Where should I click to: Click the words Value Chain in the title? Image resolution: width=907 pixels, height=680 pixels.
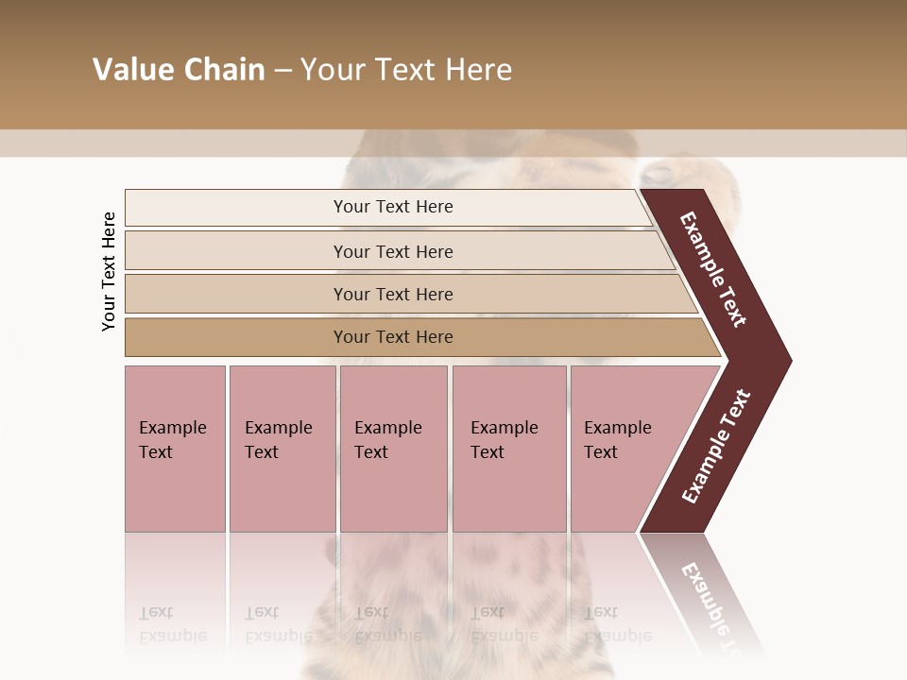point(179,70)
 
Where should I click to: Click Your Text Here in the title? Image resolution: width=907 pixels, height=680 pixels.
point(406,70)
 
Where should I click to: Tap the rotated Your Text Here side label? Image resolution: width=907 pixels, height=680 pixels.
point(109,272)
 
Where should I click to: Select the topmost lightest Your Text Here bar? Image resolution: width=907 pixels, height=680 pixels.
point(393,207)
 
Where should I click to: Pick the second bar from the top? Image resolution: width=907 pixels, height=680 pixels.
point(393,251)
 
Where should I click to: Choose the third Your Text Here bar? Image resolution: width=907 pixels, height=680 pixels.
point(393,294)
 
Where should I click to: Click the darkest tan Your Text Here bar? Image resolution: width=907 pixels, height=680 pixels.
point(393,337)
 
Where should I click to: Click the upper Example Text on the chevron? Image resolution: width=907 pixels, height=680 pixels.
point(714,270)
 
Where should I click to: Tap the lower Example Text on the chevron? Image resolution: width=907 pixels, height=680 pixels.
point(716,446)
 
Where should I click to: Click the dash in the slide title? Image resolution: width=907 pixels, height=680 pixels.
point(282,70)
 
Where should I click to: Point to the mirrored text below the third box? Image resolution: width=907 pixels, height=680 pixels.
point(386,625)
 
